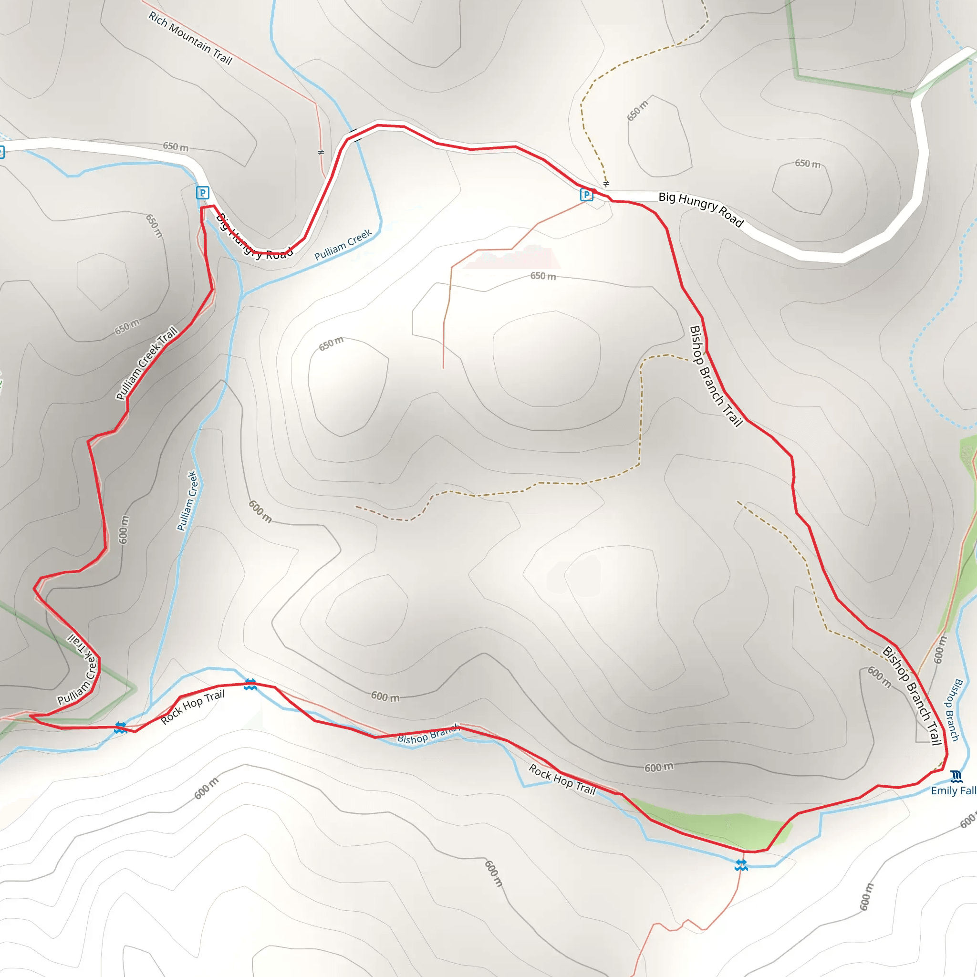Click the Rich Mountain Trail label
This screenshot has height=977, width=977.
(190, 39)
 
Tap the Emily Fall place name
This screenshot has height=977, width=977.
(953, 791)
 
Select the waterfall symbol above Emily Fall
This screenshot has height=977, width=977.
(956, 776)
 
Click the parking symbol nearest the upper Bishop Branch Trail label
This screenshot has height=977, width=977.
(587, 194)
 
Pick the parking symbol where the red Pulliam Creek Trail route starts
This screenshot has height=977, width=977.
(202, 193)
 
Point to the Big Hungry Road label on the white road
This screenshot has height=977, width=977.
(701, 209)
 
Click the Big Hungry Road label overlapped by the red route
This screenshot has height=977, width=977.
(254, 237)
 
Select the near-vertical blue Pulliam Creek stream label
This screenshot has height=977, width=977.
(187, 500)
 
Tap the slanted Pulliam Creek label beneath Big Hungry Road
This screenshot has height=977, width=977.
(343, 245)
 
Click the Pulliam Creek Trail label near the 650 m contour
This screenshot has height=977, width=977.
(146, 363)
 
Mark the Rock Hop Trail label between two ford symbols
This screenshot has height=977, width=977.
(193, 707)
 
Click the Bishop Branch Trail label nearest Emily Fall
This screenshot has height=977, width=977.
(912, 696)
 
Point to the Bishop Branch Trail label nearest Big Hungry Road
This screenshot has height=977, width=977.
(716, 376)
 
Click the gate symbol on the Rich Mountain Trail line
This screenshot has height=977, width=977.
(321, 152)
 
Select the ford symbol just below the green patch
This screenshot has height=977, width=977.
(741, 865)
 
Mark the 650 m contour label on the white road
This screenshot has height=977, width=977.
(176, 146)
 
